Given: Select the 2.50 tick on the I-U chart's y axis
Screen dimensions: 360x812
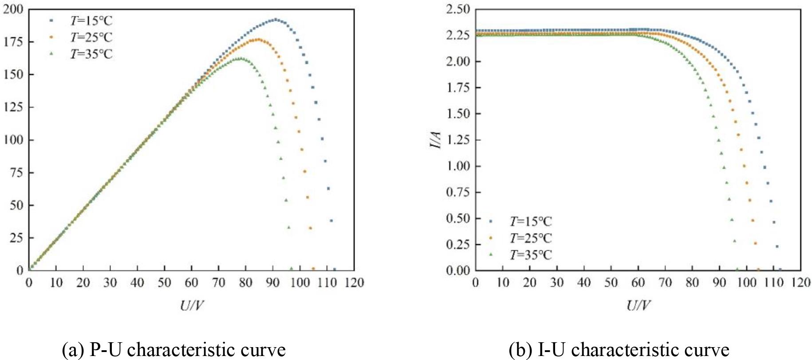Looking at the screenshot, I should tap(457, 9).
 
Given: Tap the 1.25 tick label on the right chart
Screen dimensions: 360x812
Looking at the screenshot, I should tap(457, 140).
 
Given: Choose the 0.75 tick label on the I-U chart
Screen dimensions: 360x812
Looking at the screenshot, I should tap(457, 192).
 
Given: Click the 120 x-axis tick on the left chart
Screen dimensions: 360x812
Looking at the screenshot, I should tap(354, 283).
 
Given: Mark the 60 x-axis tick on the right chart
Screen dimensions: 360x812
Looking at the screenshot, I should tap(638, 283).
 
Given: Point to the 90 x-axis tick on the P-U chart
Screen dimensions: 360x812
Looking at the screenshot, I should tap(272, 283).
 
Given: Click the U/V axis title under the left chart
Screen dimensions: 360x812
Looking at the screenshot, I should tap(192, 305).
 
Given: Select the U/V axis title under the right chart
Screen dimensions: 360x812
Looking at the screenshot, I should tap(638, 305).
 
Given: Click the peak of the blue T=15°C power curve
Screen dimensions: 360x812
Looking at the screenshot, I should tap(276, 19).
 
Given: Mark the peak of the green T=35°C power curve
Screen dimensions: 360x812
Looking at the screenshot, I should tap(240, 58).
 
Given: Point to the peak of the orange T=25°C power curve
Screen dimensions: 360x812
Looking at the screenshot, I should tap(258, 40).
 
